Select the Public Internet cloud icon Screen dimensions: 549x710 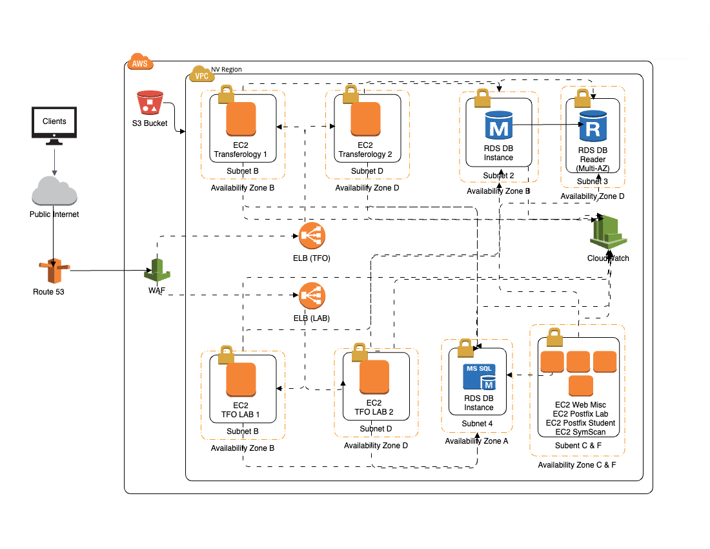click(54, 191)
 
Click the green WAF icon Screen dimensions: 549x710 click(156, 270)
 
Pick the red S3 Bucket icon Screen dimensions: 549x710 click(150, 104)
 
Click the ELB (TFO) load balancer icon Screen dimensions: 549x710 click(312, 236)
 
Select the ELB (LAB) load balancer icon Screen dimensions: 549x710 click(312, 296)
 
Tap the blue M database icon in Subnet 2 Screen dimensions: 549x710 click(498, 125)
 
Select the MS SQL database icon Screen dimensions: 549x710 click(478, 378)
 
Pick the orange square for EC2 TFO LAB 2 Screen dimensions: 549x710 click(374, 377)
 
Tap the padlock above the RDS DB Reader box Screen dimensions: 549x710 click(583, 99)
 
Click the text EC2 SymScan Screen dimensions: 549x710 click(580, 431)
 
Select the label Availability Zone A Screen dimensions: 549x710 click(477, 441)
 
